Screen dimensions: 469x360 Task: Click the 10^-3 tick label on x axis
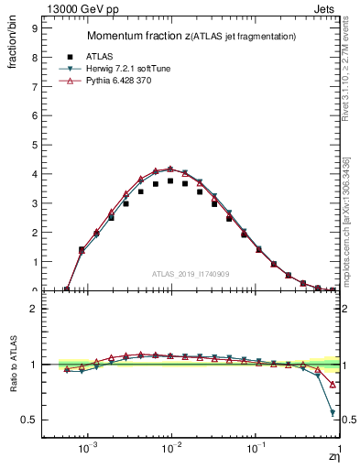coord(88,450)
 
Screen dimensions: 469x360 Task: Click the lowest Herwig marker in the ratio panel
coord(333,413)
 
